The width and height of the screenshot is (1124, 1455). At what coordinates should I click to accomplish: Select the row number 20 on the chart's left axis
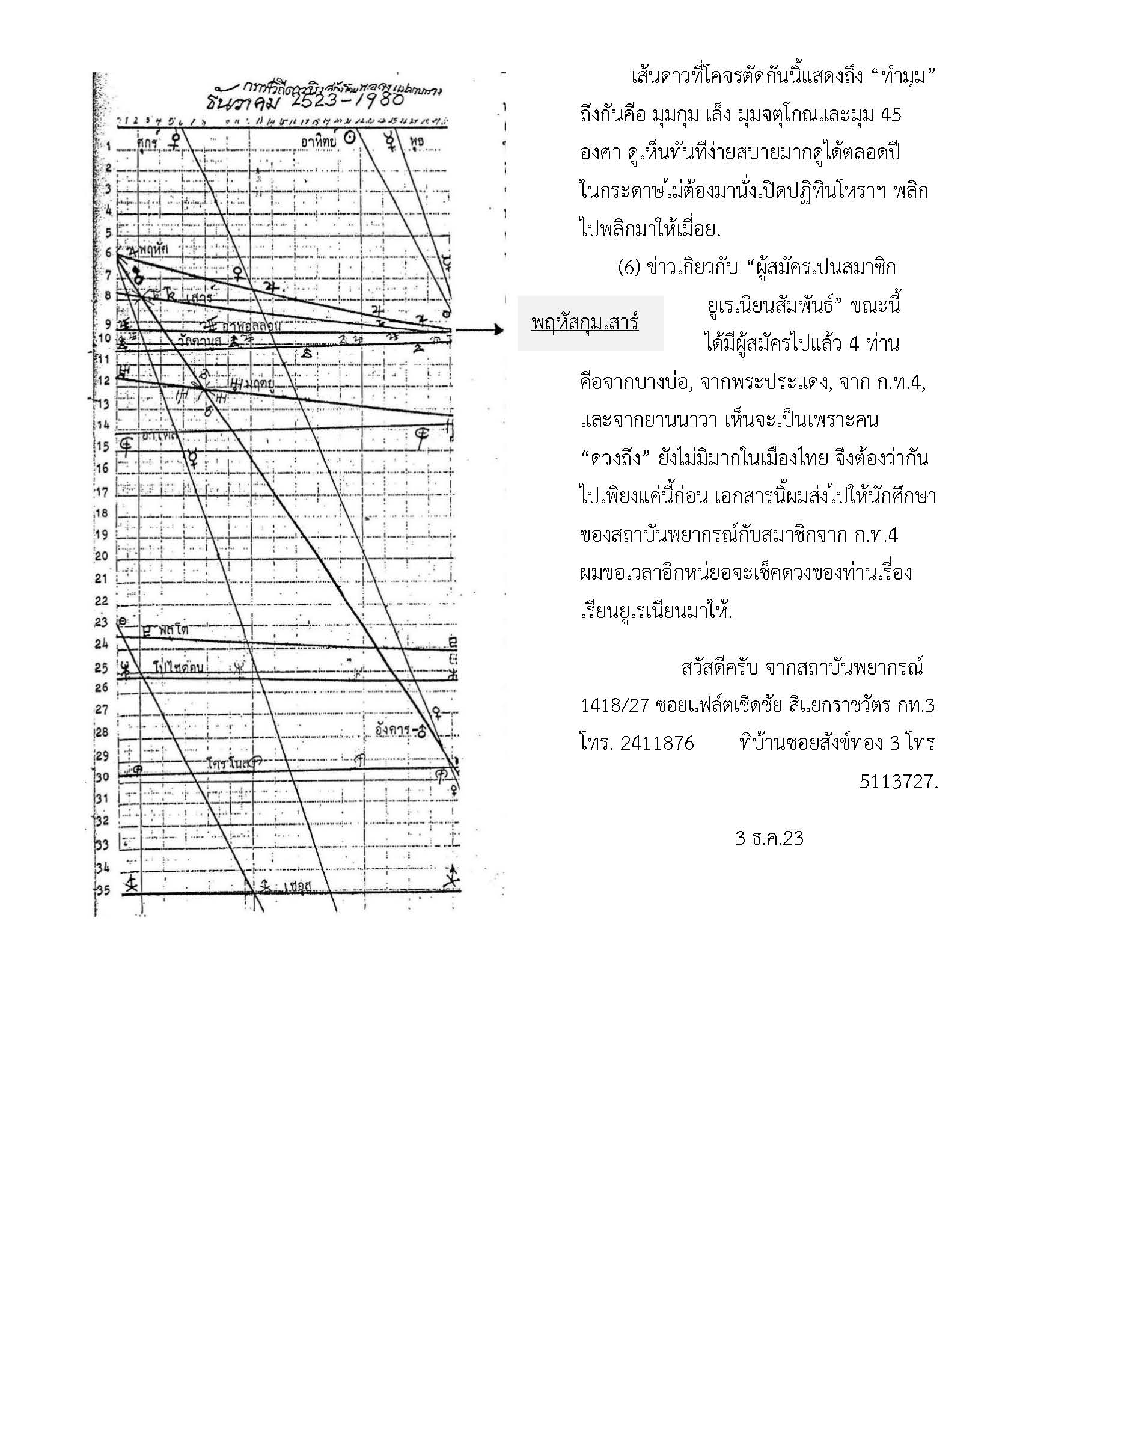coord(101,556)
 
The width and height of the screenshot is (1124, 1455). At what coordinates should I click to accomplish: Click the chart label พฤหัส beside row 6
coord(153,248)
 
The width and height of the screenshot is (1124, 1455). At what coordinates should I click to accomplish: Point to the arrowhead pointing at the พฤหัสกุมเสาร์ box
coord(498,329)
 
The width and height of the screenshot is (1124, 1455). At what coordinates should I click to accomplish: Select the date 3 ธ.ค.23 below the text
coord(769,838)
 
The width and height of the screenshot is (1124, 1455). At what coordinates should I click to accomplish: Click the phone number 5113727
coord(898,782)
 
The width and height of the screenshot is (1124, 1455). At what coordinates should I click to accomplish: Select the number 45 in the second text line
coord(890,115)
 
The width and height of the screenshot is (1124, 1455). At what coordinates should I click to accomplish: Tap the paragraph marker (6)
coord(629,267)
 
